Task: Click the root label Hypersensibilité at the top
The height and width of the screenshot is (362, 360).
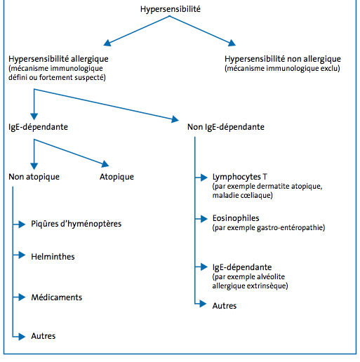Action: click(x=171, y=9)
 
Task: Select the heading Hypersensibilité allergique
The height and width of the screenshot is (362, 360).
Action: click(x=58, y=59)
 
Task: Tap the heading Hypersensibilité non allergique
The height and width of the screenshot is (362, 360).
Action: click(x=283, y=59)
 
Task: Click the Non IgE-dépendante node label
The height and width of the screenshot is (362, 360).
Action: click(x=226, y=127)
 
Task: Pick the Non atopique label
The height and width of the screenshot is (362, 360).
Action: click(x=34, y=177)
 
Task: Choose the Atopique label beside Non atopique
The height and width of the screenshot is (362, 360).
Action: click(x=116, y=177)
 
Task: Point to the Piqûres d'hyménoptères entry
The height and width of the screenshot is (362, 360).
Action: click(x=76, y=224)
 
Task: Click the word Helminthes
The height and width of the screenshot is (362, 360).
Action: click(x=53, y=257)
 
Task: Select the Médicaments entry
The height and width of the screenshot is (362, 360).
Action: click(x=57, y=297)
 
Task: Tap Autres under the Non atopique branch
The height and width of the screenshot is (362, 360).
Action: click(x=44, y=336)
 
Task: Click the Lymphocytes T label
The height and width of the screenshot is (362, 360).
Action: click(x=239, y=177)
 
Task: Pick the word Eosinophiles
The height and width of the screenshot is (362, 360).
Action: click(x=236, y=218)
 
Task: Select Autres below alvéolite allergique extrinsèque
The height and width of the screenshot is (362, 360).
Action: click(x=225, y=306)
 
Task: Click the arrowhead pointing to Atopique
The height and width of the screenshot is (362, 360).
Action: click(x=105, y=163)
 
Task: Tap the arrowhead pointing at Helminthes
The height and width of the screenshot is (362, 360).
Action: click(x=22, y=255)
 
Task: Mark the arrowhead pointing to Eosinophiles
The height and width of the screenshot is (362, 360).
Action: click(x=204, y=219)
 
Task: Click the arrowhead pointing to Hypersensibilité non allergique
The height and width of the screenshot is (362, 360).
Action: click(x=232, y=43)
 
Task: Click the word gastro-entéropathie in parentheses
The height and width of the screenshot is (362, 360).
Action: click(x=291, y=228)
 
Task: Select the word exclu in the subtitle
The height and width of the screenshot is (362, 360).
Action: click(x=332, y=69)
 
